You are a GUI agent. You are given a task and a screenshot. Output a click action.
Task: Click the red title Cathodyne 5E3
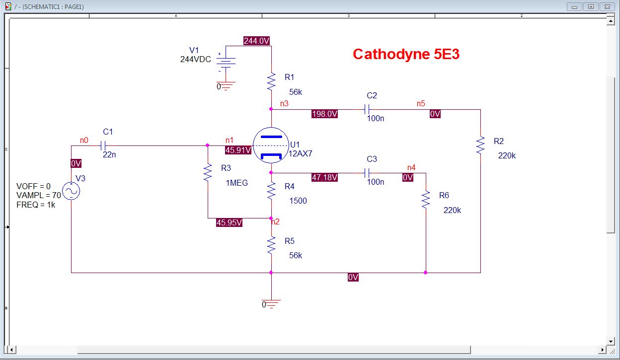[406, 54]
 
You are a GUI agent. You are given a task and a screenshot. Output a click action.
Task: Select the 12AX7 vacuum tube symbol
[271, 145]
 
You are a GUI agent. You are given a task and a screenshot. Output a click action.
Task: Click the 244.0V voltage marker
[256, 41]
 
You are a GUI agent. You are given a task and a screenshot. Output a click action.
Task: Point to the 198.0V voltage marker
[325, 114]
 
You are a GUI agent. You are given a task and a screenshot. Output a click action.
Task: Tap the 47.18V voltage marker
[325, 177]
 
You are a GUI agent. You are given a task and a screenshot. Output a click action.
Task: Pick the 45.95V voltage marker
[229, 222]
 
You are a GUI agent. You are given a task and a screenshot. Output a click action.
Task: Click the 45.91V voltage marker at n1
[238, 150]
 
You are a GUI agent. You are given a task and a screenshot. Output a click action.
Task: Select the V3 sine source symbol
[71, 191]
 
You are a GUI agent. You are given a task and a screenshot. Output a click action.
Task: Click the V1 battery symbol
[226, 63]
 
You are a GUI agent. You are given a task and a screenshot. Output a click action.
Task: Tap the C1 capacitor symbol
[103, 145]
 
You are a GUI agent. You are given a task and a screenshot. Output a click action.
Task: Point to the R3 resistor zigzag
[208, 172]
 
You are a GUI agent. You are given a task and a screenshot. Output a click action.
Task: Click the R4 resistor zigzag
[271, 191]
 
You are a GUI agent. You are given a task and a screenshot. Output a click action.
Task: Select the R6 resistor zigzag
[426, 200]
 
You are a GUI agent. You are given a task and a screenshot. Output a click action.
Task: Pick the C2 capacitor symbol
[367, 109]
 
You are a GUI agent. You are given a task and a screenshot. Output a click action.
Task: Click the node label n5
[421, 103]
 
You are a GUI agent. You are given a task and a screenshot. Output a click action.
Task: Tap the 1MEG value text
[237, 183]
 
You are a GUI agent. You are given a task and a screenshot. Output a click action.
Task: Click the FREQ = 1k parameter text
[36, 205]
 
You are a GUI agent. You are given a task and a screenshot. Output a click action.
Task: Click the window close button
[607, 6]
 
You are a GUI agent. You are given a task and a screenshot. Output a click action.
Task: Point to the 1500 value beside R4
[298, 201]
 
